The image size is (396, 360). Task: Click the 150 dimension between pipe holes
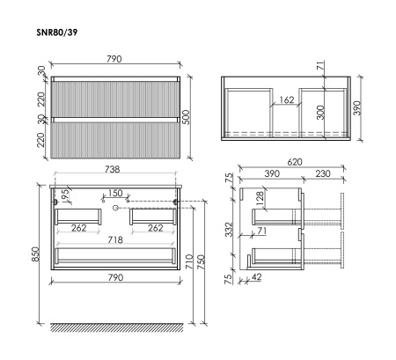114,192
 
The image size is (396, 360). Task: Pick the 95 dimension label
63,195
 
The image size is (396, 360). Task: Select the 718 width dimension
114,240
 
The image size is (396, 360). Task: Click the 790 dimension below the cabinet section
114,287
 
